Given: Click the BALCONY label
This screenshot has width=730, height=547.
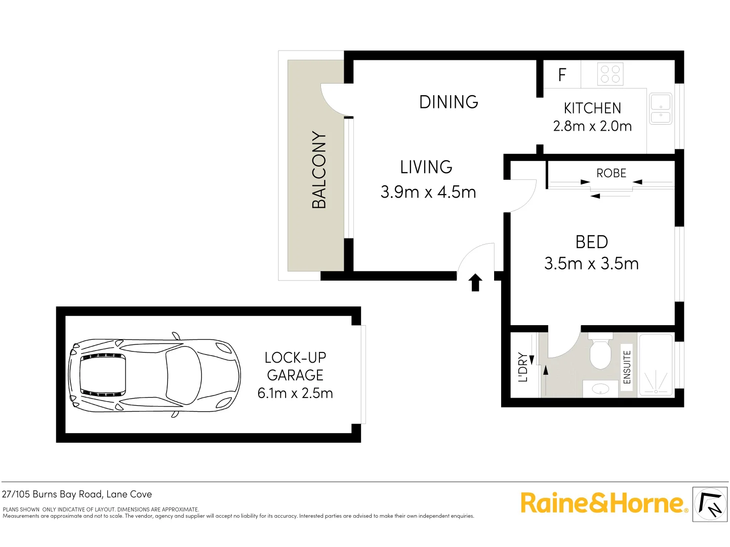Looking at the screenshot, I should pyautogui.click(x=319, y=170).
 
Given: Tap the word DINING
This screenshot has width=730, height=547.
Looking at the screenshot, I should pyautogui.click(x=449, y=102).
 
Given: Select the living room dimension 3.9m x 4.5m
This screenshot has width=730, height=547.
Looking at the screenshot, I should pyautogui.click(x=428, y=192).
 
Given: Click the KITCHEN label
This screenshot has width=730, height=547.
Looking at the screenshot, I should pyautogui.click(x=592, y=108).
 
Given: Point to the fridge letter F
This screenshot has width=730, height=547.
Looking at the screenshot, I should pyautogui.click(x=562, y=75).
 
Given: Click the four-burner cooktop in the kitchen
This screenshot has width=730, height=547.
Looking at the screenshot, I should pyautogui.click(x=610, y=74).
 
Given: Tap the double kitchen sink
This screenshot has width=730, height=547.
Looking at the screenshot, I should pyautogui.click(x=661, y=109).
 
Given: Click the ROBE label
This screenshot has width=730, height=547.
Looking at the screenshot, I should pyautogui.click(x=611, y=173).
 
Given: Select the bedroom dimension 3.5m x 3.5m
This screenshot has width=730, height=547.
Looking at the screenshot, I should pyautogui.click(x=591, y=263).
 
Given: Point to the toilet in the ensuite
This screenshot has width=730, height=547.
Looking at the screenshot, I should pyautogui.click(x=601, y=353).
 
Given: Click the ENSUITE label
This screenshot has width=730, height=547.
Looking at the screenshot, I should pyautogui.click(x=627, y=367).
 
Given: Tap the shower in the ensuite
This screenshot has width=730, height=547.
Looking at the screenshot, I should pyautogui.click(x=656, y=366).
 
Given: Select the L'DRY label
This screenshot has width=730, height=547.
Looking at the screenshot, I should pyautogui.click(x=523, y=367).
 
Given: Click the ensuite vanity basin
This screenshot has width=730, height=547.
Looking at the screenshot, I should pyautogui.click(x=600, y=389).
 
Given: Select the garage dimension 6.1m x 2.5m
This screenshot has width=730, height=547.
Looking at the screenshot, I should pyautogui.click(x=295, y=393).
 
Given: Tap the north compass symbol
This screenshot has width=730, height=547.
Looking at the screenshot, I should pyautogui.click(x=710, y=504).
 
